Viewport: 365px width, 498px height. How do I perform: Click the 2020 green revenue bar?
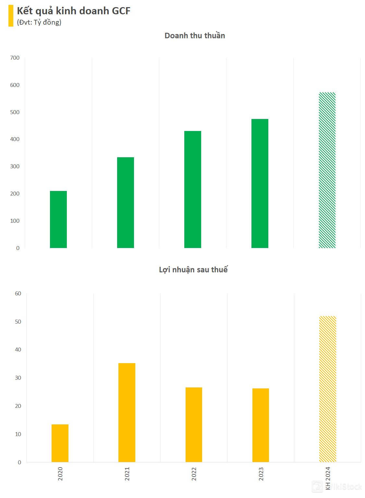(x=58, y=219)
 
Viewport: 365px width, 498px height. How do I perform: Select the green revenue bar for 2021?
(x=126, y=203)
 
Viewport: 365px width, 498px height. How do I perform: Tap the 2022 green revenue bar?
(x=193, y=189)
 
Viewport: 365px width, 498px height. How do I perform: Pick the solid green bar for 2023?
(x=260, y=184)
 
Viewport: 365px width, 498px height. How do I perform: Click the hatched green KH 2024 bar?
(x=327, y=170)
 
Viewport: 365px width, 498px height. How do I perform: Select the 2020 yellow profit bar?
(x=60, y=443)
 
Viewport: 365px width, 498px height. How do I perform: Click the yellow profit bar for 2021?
(x=127, y=412)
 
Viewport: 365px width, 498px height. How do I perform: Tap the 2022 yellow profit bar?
(x=194, y=425)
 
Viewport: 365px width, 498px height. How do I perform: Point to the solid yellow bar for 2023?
(x=261, y=425)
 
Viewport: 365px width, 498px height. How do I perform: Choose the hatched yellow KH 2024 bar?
(x=328, y=389)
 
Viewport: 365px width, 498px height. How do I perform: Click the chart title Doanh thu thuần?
(x=195, y=36)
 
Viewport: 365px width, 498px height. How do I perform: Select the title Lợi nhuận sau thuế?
(x=193, y=270)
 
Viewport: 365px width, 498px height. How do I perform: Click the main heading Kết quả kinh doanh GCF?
(x=74, y=11)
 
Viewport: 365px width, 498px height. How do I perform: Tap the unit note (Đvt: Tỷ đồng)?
(x=39, y=22)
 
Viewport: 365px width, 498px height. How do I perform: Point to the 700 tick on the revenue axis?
(x=15, y=58)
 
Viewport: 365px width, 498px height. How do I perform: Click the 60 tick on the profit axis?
(x=18, y=293)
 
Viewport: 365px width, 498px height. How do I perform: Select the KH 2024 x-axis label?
(x=328, y=478)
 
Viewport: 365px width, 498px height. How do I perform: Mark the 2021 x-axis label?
(x=127, y=474)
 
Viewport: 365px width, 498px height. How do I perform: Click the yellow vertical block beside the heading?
(x=11, y=16)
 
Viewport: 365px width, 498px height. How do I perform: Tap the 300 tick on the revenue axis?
(x=15, y=166)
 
